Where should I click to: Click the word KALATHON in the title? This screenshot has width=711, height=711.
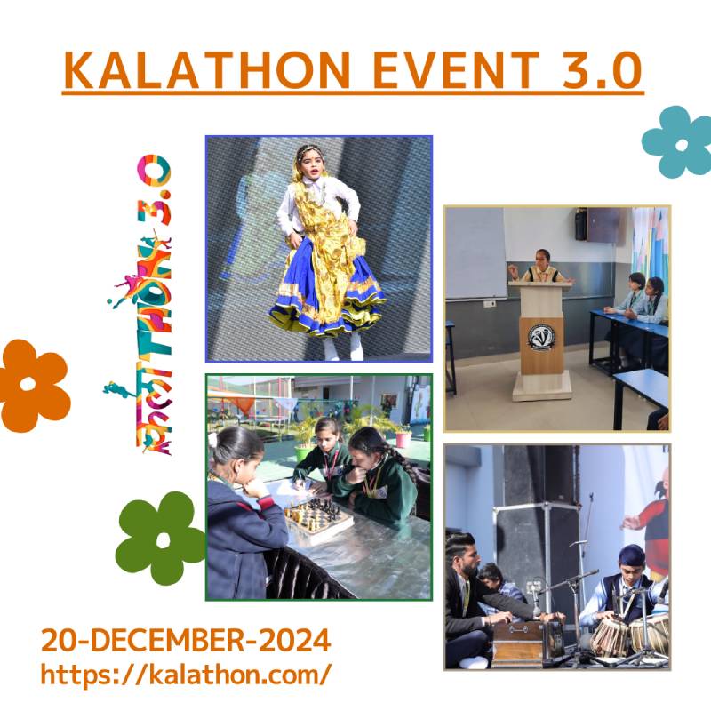(207, 70)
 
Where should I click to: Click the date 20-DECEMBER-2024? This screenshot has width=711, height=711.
(186, 640)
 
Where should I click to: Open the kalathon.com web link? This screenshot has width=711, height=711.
(186, 675)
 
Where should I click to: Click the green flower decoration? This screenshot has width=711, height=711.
(160, 539)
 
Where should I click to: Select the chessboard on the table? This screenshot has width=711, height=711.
(317, 517)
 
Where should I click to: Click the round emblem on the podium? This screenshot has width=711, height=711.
(541, 338)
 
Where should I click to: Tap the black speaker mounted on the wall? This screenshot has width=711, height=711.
(581, 224)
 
